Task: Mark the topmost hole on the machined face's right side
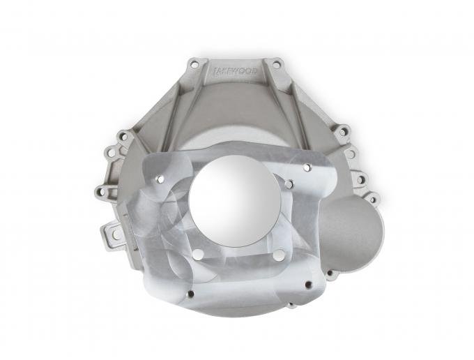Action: coord(307,167)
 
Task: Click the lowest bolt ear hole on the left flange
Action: coord(100,190)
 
